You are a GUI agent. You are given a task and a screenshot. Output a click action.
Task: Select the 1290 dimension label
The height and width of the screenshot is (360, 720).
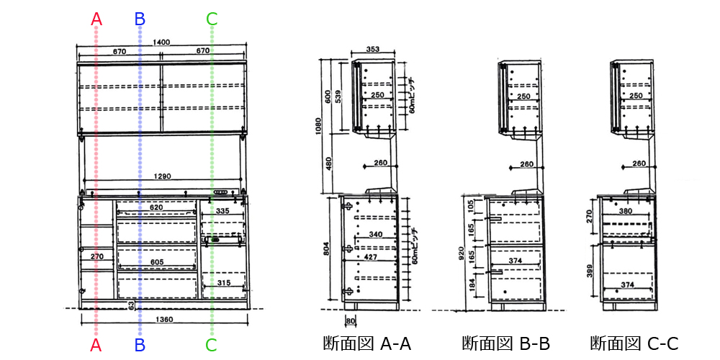pyautogui.click(x=162, y=176)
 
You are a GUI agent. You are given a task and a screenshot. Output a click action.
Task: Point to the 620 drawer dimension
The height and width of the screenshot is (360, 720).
pyautogui.click(x=156, y=207)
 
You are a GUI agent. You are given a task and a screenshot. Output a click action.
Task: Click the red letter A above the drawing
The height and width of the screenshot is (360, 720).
pyautogui.click(x=96, y=19)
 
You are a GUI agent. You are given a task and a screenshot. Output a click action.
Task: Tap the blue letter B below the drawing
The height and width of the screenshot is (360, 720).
pyautogui.click(x=140, y=345)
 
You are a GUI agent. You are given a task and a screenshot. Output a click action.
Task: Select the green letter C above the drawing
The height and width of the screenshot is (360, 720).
pyautogui.click(x=212, y=19)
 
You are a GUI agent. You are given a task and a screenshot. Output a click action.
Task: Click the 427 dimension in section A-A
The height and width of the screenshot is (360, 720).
pyautogui.click(x=372, y=257)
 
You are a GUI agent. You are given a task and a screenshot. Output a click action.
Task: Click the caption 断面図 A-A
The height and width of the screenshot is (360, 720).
pyautogui.click(x=366, y=343)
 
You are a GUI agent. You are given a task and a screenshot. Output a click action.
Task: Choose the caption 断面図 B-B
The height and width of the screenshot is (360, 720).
pyautogui.click(x=505, y=343)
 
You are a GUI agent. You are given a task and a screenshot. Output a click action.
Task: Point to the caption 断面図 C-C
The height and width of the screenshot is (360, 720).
pyautogui.click(x=634, y=343)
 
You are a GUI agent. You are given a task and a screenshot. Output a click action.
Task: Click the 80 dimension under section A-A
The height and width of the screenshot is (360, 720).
pyautogui.click(x=351, y=320)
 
